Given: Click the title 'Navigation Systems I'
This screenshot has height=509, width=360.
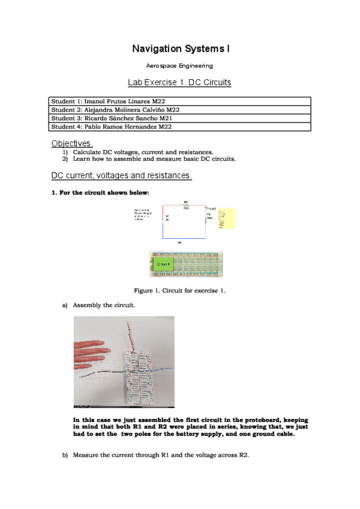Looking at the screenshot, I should tap(179, 48).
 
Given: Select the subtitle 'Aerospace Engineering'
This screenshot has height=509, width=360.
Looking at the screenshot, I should tap(179, 66).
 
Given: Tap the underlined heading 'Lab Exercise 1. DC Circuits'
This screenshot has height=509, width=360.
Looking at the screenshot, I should tap(179, 82).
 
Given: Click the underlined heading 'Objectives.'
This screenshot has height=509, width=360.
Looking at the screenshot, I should tap(72, 143).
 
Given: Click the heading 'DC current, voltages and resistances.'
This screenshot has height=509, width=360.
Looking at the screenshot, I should tap(122, 176).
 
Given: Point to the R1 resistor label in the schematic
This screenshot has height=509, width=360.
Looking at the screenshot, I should tap(185, 202).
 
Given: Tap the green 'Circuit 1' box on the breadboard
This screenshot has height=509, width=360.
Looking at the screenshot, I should tap(164, 264).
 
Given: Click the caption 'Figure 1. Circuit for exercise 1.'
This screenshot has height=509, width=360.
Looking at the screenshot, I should tap(179, 291).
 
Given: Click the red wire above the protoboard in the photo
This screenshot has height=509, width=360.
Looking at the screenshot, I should tap(128, 333).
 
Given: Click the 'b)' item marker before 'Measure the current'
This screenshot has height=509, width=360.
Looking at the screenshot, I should tap(65, 455).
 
